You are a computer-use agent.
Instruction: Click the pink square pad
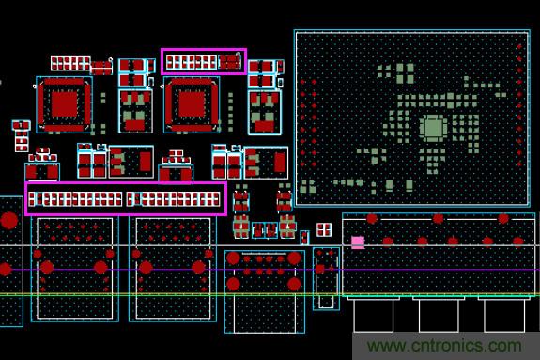pos(358,243)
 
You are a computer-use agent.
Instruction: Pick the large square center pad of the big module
pos(433,128)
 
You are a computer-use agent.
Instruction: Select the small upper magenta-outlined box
pos(204,62)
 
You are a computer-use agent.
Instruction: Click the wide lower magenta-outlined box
pos(126,198)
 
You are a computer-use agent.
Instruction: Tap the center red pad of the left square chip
pos(64,102)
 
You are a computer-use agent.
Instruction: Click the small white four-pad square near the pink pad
pos(323,229)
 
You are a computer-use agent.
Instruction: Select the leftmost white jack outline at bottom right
pos(373,314)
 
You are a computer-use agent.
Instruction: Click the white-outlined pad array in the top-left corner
pos(70,64)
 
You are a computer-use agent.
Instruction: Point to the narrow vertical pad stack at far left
pos(21,137)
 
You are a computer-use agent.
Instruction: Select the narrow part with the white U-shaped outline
pos(325,278)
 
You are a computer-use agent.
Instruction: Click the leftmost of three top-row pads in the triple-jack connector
pos(373,219)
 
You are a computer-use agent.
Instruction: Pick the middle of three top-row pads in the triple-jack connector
pos(438,219)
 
